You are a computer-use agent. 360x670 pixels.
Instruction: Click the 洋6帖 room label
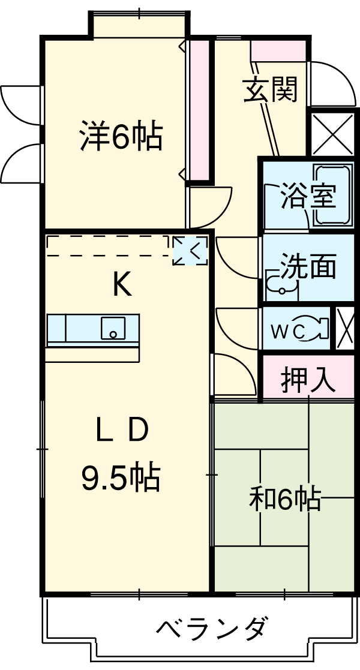pyautogui.click(x=121, y=137)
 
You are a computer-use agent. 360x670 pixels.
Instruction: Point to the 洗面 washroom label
pyautogui.click(x=308, y=267)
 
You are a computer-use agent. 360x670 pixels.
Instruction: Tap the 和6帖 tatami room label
pyautogui.click(x=286, y=499)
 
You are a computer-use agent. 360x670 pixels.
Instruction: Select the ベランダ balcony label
pyautogui.click(x=211, y=629)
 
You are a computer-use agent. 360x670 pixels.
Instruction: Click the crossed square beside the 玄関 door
pyautogui.click(x=332, y=134)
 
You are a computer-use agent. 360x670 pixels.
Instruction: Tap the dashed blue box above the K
pyautogui.click(x=190, y=250)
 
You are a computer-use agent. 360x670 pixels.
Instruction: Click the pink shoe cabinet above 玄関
pyautogui.click(x=278, y=50)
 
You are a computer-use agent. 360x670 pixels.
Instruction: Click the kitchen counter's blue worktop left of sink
pyautogui.click(x=73, y=328)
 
